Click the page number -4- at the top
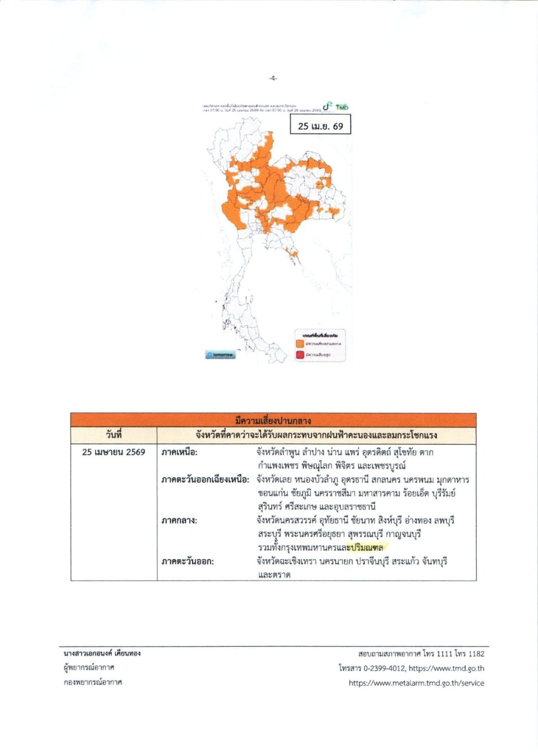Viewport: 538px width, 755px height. [273, 79]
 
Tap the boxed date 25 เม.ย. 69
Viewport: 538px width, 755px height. [321, 126]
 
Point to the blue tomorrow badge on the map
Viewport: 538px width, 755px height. [220, 355]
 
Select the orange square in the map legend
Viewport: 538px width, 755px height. [300, 344]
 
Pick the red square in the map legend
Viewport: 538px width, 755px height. [300, 355]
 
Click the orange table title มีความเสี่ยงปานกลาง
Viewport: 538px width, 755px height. [273, 421]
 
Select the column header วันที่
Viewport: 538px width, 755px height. [114, 435]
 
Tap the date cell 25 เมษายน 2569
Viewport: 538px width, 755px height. [114, 452]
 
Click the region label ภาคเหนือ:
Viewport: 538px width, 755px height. [180, 452]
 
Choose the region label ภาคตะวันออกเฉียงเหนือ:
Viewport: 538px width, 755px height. [206, 480]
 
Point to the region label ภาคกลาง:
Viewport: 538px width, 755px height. [180, 521]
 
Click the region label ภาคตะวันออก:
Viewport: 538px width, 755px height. [188, 561]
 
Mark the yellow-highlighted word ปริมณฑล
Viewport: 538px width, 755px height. [366, 547]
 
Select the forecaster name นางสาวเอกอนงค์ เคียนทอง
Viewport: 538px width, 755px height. [102, 653]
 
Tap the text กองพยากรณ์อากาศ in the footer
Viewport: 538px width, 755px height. [93, 682]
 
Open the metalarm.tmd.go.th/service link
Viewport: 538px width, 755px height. [416, 683]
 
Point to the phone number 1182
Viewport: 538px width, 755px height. [476, 654]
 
